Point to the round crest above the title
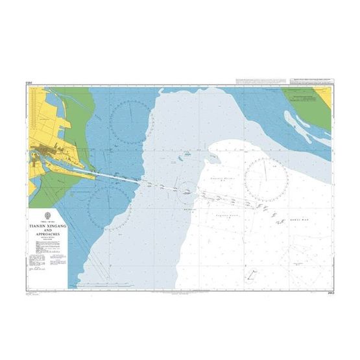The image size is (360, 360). pos(47,215)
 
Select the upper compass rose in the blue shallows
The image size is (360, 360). pos(130,122)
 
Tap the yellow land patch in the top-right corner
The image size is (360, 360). pos(323,97)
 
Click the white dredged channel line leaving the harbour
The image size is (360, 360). pos(117,176)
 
